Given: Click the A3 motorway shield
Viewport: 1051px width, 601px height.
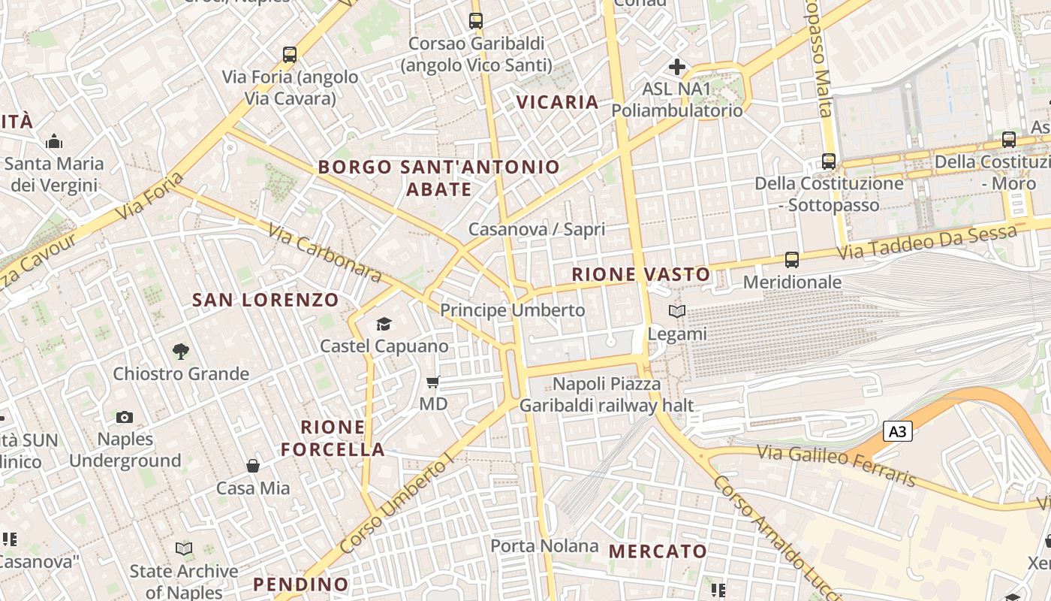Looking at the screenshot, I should point(898,431).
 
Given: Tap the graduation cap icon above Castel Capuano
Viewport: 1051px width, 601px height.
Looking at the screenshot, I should point(384,325).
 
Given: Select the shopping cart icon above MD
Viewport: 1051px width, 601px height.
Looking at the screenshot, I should point(432,382).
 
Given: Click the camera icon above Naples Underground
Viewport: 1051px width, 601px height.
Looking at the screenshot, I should point(125,417).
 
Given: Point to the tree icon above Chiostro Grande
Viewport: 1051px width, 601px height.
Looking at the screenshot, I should point(180,351).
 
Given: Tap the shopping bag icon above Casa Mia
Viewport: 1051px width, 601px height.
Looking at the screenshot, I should point(253,466).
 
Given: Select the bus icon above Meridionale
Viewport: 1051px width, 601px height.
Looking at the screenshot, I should point(791,260).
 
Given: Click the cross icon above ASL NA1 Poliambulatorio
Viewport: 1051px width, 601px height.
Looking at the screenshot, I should point(676,67).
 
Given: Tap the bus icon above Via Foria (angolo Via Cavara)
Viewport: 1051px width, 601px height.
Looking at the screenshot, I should point(290,55).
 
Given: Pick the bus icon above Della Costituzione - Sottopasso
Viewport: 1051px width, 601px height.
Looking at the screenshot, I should point(828,162).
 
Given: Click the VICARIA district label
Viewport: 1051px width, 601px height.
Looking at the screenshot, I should point(557,102).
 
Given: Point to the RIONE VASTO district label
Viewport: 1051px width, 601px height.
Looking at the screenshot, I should point(641,274).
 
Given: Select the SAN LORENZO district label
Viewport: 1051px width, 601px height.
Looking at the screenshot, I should point(266,300).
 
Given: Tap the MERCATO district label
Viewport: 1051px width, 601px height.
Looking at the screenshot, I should point(658,551).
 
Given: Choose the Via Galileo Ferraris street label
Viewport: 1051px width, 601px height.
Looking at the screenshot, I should point(836,465).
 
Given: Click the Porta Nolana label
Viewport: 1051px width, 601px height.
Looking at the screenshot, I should point(544,545).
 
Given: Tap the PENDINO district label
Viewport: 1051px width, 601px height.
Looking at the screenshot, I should point(300,584).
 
